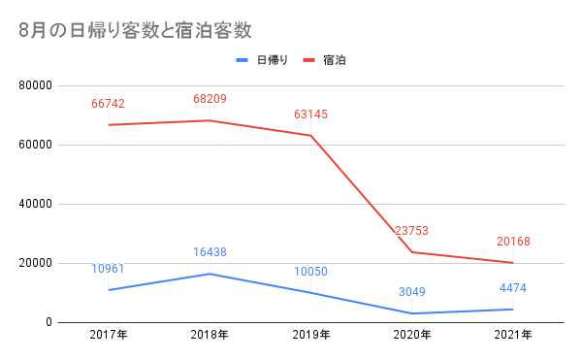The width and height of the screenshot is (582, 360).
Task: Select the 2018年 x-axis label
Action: pos(210,336)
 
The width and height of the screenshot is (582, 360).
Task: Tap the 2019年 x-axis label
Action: pos(310,336)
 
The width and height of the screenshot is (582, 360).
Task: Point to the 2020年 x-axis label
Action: pos(411,336)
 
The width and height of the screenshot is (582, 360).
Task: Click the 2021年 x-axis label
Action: pos(512,336)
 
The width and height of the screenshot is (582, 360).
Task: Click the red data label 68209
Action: pos(210,98)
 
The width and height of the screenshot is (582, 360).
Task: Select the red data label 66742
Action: pos(108,103)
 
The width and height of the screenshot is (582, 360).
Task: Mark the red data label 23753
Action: pos(411,231)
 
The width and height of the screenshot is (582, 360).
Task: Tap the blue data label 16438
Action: pos(210,252)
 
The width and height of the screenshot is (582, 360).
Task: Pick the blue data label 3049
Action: pos(411,291)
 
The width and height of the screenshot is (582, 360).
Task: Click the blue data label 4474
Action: pos(512,287)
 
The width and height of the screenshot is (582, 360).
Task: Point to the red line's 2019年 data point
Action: pos(310,135)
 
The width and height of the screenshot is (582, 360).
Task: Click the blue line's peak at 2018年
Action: pos(210,274)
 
